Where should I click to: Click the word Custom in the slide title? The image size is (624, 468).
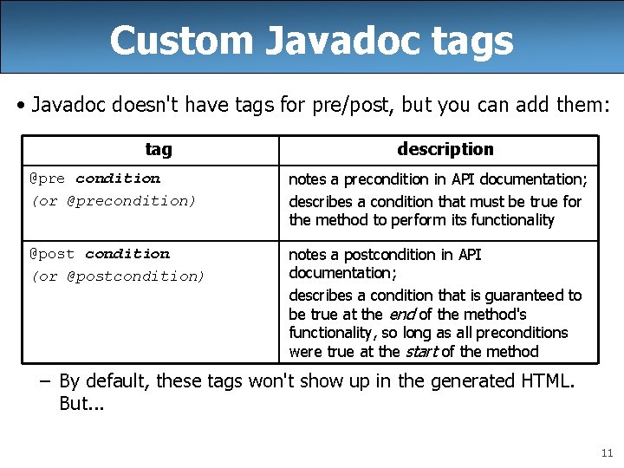(x=168, y=40)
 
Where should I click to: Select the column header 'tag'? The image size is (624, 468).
(x=159, y=150)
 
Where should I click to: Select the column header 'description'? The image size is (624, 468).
(x=445, y=149)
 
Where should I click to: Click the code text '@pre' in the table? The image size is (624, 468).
(x=48, y=179)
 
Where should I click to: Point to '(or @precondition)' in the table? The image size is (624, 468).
(x=114, y=201)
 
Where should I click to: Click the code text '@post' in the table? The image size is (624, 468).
(x=52, y=254)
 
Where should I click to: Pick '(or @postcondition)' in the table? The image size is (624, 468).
(x=118, y=276)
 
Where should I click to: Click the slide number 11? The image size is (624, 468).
(x=606, y=452)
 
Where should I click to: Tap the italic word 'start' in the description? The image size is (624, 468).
(x=421, y=352)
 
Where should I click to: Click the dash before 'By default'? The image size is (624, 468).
(x=47, y=381)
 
